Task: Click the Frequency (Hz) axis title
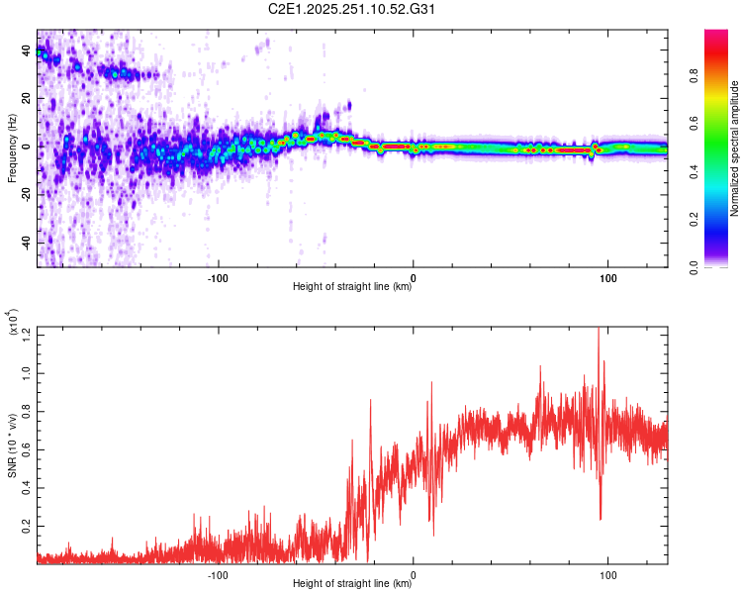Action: pos(12,148)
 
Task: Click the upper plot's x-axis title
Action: pos(352,288)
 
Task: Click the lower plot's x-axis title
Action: pos(352,583)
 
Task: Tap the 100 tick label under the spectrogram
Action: pos(606,276)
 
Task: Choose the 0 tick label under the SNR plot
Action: pos(413,572)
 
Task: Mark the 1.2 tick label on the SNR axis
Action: pos(27,339)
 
